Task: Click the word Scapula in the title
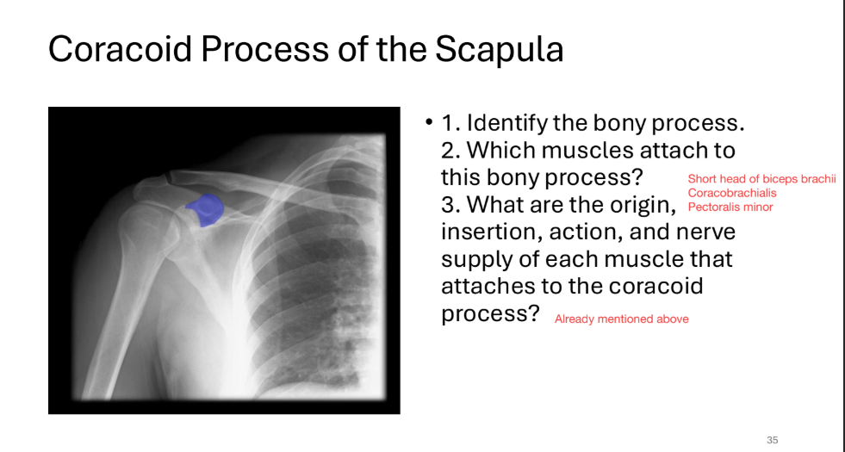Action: (x=499, y=49)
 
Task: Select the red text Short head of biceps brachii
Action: (x=761, y=179)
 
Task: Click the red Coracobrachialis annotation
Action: (x=731, y=193)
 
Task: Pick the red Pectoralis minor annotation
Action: (x=730, y=207)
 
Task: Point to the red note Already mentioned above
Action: (x=621, y=319)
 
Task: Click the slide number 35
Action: (x=772, y=440)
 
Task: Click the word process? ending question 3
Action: (x=489, y=314)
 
